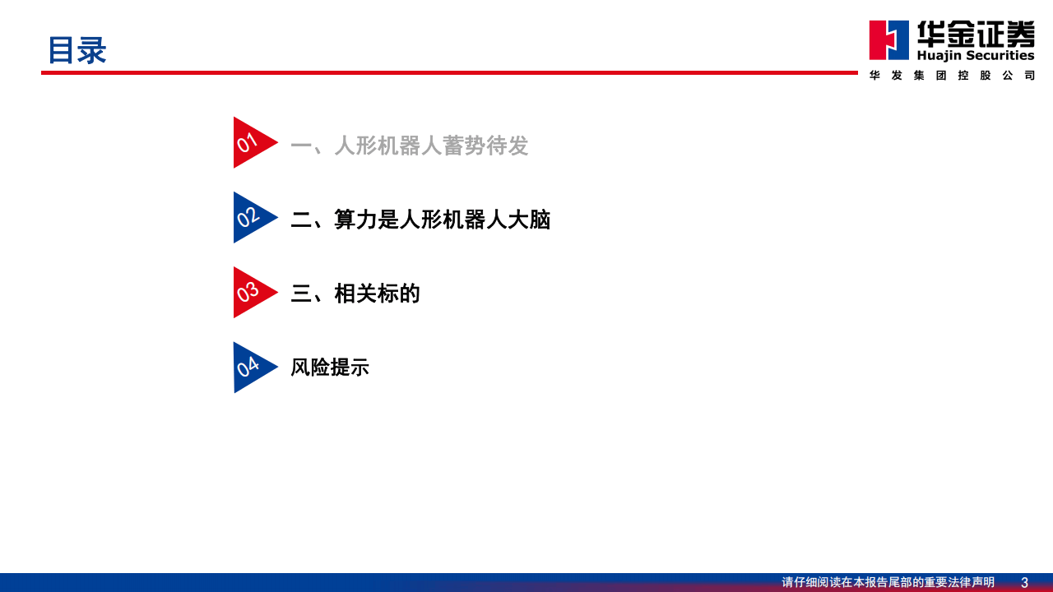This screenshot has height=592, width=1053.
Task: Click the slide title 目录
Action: [x=77, y=50]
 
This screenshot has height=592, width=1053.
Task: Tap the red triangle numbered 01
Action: [x=250, y=143]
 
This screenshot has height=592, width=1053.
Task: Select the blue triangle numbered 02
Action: [x=250, y=218]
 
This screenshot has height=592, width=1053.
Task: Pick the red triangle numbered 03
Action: [x=250, y=292]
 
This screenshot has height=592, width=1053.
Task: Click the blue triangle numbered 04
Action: [x=250, y=367]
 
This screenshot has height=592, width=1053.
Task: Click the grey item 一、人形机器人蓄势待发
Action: [x=409, y=146]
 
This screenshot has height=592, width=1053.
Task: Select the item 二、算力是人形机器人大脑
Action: [x=420, y=220]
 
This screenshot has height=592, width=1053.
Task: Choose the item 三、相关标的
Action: [x=355, y=294]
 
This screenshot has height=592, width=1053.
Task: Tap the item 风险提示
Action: [x=330, y=368]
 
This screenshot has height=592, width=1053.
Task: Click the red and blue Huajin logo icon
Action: [x=889, y=39]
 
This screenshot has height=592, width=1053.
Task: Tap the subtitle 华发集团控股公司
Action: [x=952, y=76]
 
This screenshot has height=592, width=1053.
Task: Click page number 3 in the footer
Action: [x=1024, y=582]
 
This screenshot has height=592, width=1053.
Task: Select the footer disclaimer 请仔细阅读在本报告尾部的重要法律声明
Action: [x=888, y=582]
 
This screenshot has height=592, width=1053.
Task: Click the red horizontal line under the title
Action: [x=449, y=72]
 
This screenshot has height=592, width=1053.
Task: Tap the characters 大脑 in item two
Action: [x=529, y=220]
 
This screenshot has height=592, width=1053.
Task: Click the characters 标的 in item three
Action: [x=399, y=294]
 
